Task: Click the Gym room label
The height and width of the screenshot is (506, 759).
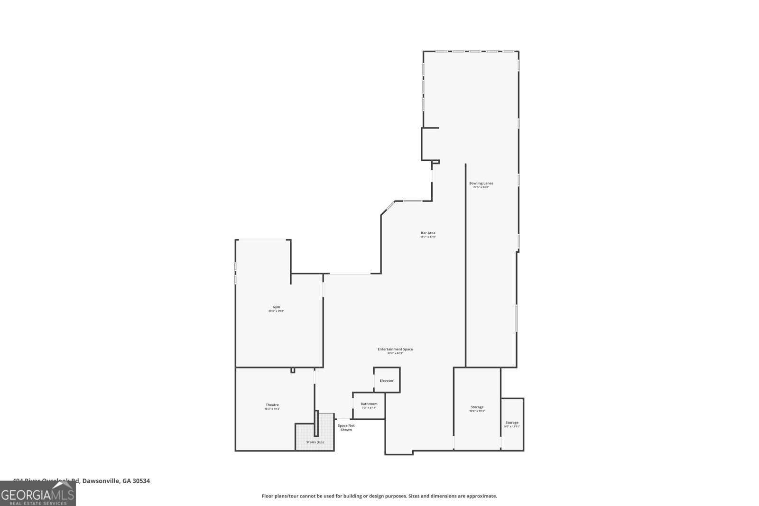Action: pos(276,307)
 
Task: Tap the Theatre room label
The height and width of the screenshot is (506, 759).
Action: pos(272,405)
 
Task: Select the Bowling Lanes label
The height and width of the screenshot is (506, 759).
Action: pos(481,183)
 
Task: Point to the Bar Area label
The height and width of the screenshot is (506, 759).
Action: pos(428,233)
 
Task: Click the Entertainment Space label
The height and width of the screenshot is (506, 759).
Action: pos(395,349)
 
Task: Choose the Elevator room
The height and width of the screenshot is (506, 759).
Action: pos(387,380)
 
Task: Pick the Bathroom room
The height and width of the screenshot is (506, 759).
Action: pos(369,404)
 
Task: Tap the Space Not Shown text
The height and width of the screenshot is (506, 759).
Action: pos(346,427)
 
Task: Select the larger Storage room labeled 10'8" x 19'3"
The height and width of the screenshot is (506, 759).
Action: pos(477,407)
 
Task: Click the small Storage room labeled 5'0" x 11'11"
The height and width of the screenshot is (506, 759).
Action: pos(512,423)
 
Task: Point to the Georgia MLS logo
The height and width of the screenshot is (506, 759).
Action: pos(37,495)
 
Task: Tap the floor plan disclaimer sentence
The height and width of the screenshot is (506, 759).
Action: pos(379,496)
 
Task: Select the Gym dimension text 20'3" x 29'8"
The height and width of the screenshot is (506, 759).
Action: pos(276,311)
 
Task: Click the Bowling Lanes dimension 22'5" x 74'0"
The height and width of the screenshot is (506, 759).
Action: pos(481,187)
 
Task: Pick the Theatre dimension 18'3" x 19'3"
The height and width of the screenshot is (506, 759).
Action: pos(272,409)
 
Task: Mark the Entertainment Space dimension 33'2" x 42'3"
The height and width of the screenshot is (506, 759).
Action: pos(395,353)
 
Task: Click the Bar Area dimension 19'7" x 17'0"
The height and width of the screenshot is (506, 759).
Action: pos(428,237)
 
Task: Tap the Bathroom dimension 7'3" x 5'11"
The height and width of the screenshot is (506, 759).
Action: pos(369,408)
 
